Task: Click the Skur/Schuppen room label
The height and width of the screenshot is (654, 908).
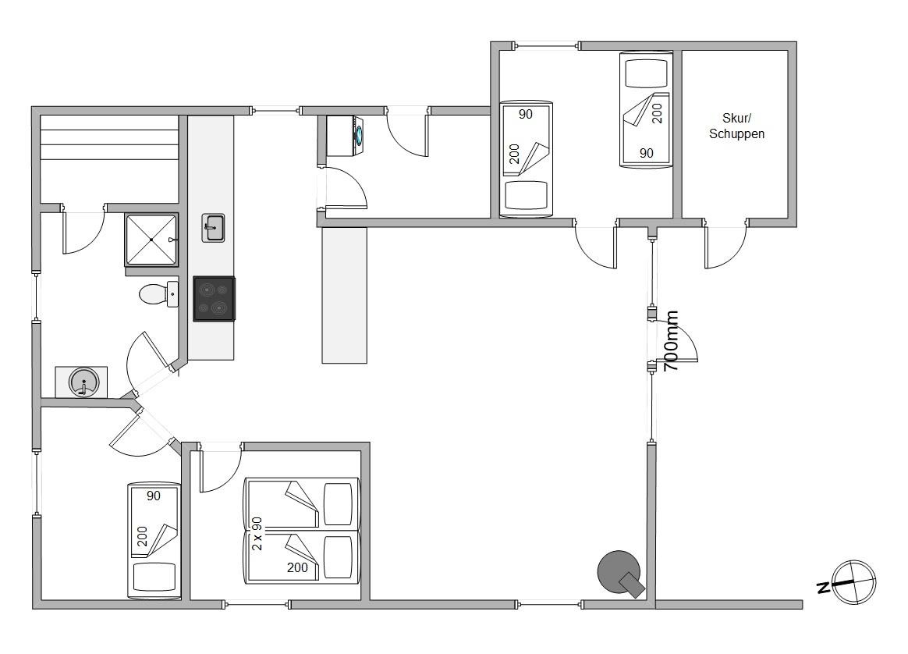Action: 736,126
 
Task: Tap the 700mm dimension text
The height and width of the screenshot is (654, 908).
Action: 670,341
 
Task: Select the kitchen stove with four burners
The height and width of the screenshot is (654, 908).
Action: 215,298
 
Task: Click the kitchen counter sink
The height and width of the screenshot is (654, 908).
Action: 213,228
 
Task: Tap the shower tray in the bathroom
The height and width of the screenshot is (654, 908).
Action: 151,240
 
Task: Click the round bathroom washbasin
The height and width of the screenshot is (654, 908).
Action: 84,382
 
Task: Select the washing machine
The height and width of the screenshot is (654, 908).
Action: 345,136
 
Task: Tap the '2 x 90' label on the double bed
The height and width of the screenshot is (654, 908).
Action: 257,534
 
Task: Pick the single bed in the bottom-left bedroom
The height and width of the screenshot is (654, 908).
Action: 154,541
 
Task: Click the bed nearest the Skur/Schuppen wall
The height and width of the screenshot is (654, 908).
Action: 646,110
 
